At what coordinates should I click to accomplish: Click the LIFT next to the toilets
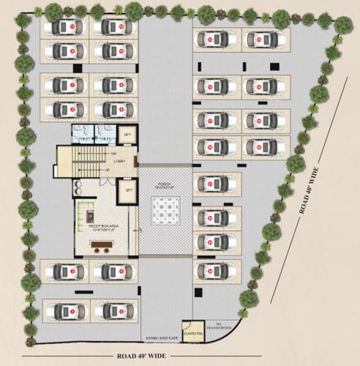(127, 135)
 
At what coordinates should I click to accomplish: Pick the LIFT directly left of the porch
(128, 190)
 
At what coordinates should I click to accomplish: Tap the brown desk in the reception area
(90, 217)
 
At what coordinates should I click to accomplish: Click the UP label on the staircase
(108, 171)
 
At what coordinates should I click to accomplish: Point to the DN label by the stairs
(113, 153)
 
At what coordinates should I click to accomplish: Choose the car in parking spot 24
(216, 272)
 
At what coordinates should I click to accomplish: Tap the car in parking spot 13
(216, 40)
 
